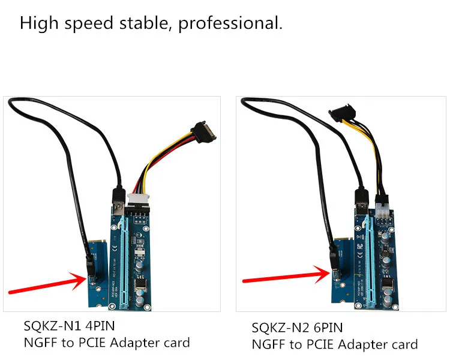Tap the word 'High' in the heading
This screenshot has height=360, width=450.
[x=38, y=24]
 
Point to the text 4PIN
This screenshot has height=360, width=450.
[x=100, y=327]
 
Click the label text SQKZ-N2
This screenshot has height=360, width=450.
[x=281, y=328]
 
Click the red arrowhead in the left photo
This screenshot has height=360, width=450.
[x=83, y=278]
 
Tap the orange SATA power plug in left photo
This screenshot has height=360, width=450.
[x=202, y=130]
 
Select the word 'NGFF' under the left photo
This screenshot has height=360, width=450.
[x=43, y=343]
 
